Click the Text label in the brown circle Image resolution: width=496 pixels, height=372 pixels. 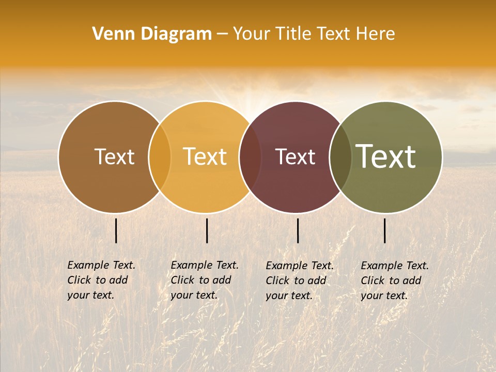coord(114,157)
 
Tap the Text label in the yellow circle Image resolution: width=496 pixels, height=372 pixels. coord(205,157)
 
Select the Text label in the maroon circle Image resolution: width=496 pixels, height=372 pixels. coord(295,157)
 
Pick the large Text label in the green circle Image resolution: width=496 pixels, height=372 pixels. coord(386,157)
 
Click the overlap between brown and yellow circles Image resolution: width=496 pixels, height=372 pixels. coord(160,157)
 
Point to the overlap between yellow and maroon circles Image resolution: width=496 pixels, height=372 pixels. coord(250,157)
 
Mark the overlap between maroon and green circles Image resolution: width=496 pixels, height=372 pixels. coord(340,157)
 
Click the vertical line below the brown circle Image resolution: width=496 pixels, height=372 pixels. coord(116,230)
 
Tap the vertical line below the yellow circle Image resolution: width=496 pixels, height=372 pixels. coord(207,230)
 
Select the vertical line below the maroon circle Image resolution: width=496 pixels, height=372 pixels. coord(298,230)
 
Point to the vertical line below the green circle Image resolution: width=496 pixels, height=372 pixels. coord(384,230)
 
